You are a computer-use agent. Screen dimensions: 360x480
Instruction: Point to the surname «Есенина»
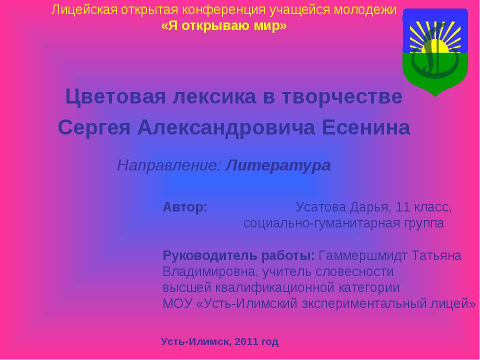click(365, 128)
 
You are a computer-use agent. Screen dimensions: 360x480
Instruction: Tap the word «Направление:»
click(169, 165)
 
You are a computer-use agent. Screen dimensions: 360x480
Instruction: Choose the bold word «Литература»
click(278, 165)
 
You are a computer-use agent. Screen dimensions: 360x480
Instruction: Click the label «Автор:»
click(185, 207)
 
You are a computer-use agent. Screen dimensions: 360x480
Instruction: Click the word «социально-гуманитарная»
click(311, 223)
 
